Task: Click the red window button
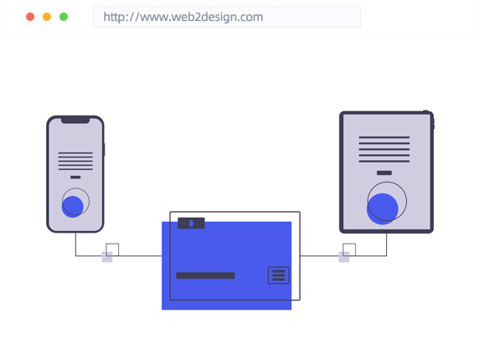coord(30,17)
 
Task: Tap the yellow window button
coord(47,17)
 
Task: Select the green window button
coord(64,17)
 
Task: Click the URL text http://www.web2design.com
coord(183,17)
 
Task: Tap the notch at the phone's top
coord(75,120)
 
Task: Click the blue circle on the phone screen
coord(72,207)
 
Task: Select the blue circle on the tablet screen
coord(382,208)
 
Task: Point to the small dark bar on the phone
coord(75,177)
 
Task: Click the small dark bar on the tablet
coord(384,172)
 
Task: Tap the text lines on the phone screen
coord(75,161)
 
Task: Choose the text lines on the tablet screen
coord(384,149)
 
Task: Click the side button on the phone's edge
coord(104,150)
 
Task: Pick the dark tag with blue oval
coord(191,224)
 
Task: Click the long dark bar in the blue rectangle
coord(205,275)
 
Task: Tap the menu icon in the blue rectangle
coord(278,275)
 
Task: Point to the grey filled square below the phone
coord(107,257)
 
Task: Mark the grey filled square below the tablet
coord(344,257)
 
